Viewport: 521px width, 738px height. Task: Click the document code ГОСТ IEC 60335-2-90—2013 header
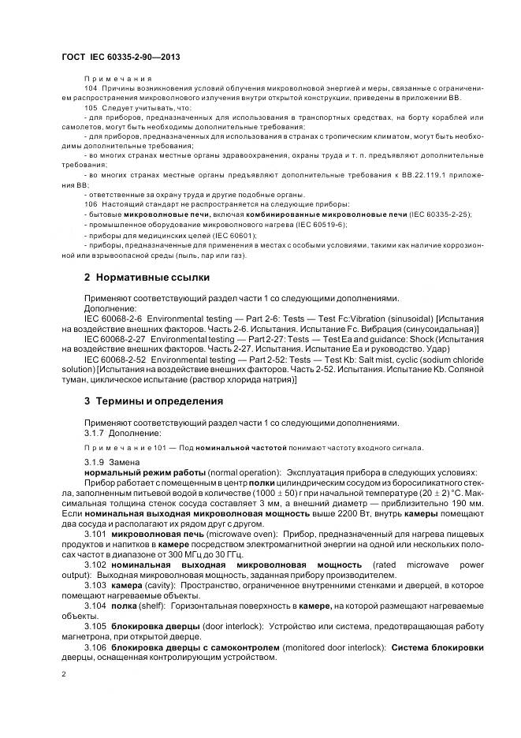(x=121, y=58)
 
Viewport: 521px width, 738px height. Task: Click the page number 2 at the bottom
(x=64, y=674)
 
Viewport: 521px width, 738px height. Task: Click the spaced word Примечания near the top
(x=117, y=80)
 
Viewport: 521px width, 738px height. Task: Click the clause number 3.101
(x=95, y=534)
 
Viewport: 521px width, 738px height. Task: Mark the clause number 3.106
(x=95, y=647)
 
